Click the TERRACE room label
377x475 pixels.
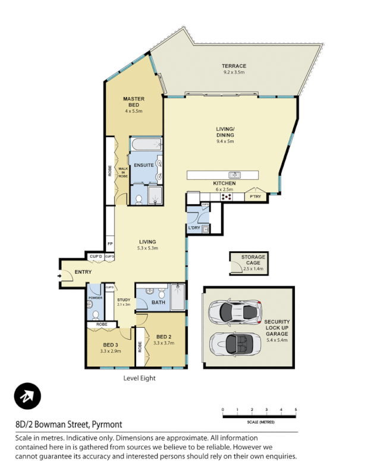coord(234,66)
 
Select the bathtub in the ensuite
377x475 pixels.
coord(146,144)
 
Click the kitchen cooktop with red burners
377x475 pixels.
coord(227,197)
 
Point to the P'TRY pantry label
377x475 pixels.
coord(256,197)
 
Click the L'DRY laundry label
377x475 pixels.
coord(193,228)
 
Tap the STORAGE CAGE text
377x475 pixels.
coord(253,260)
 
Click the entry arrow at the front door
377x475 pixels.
coord(61,276)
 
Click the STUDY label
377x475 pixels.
coord(123,300)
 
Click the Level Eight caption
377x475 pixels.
coord(139,378)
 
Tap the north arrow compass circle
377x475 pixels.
coord(27,396)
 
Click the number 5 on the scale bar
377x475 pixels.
coord(296,410)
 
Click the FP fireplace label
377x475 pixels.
coord(110,245)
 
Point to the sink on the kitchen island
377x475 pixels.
coord(235,175)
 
